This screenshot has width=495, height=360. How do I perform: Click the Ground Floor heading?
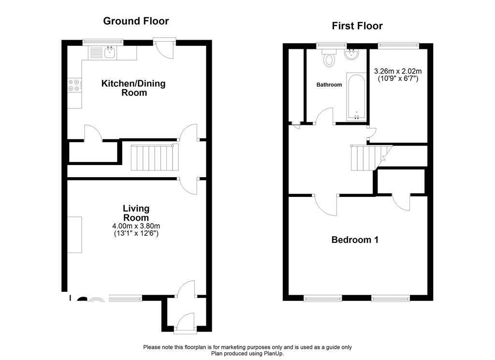tap(136, 21)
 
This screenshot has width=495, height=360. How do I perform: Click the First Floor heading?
tap(357, 26)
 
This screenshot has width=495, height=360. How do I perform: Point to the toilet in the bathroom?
tap(329, 58)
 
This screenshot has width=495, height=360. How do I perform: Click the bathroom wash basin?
tap(351, 54)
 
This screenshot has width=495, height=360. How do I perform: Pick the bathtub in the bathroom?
tap(356, 97)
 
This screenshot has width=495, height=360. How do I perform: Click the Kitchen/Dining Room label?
tap(133, 88)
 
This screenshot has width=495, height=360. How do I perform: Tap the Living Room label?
tap(136, 213)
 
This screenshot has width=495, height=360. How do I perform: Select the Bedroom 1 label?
tap(355, 240)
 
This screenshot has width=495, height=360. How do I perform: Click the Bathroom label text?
tap(329, 85)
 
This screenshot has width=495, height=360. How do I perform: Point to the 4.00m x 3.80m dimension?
tap(136, 226)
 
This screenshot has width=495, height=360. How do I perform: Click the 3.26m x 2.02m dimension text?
tap(398, 72)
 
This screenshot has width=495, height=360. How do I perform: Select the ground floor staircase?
tap(155, 157)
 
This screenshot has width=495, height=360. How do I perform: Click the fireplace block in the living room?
tap(75, 235)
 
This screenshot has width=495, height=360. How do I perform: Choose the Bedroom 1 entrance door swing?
tap(326, 205)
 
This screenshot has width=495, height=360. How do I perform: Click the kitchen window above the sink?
tap(102, 41)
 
